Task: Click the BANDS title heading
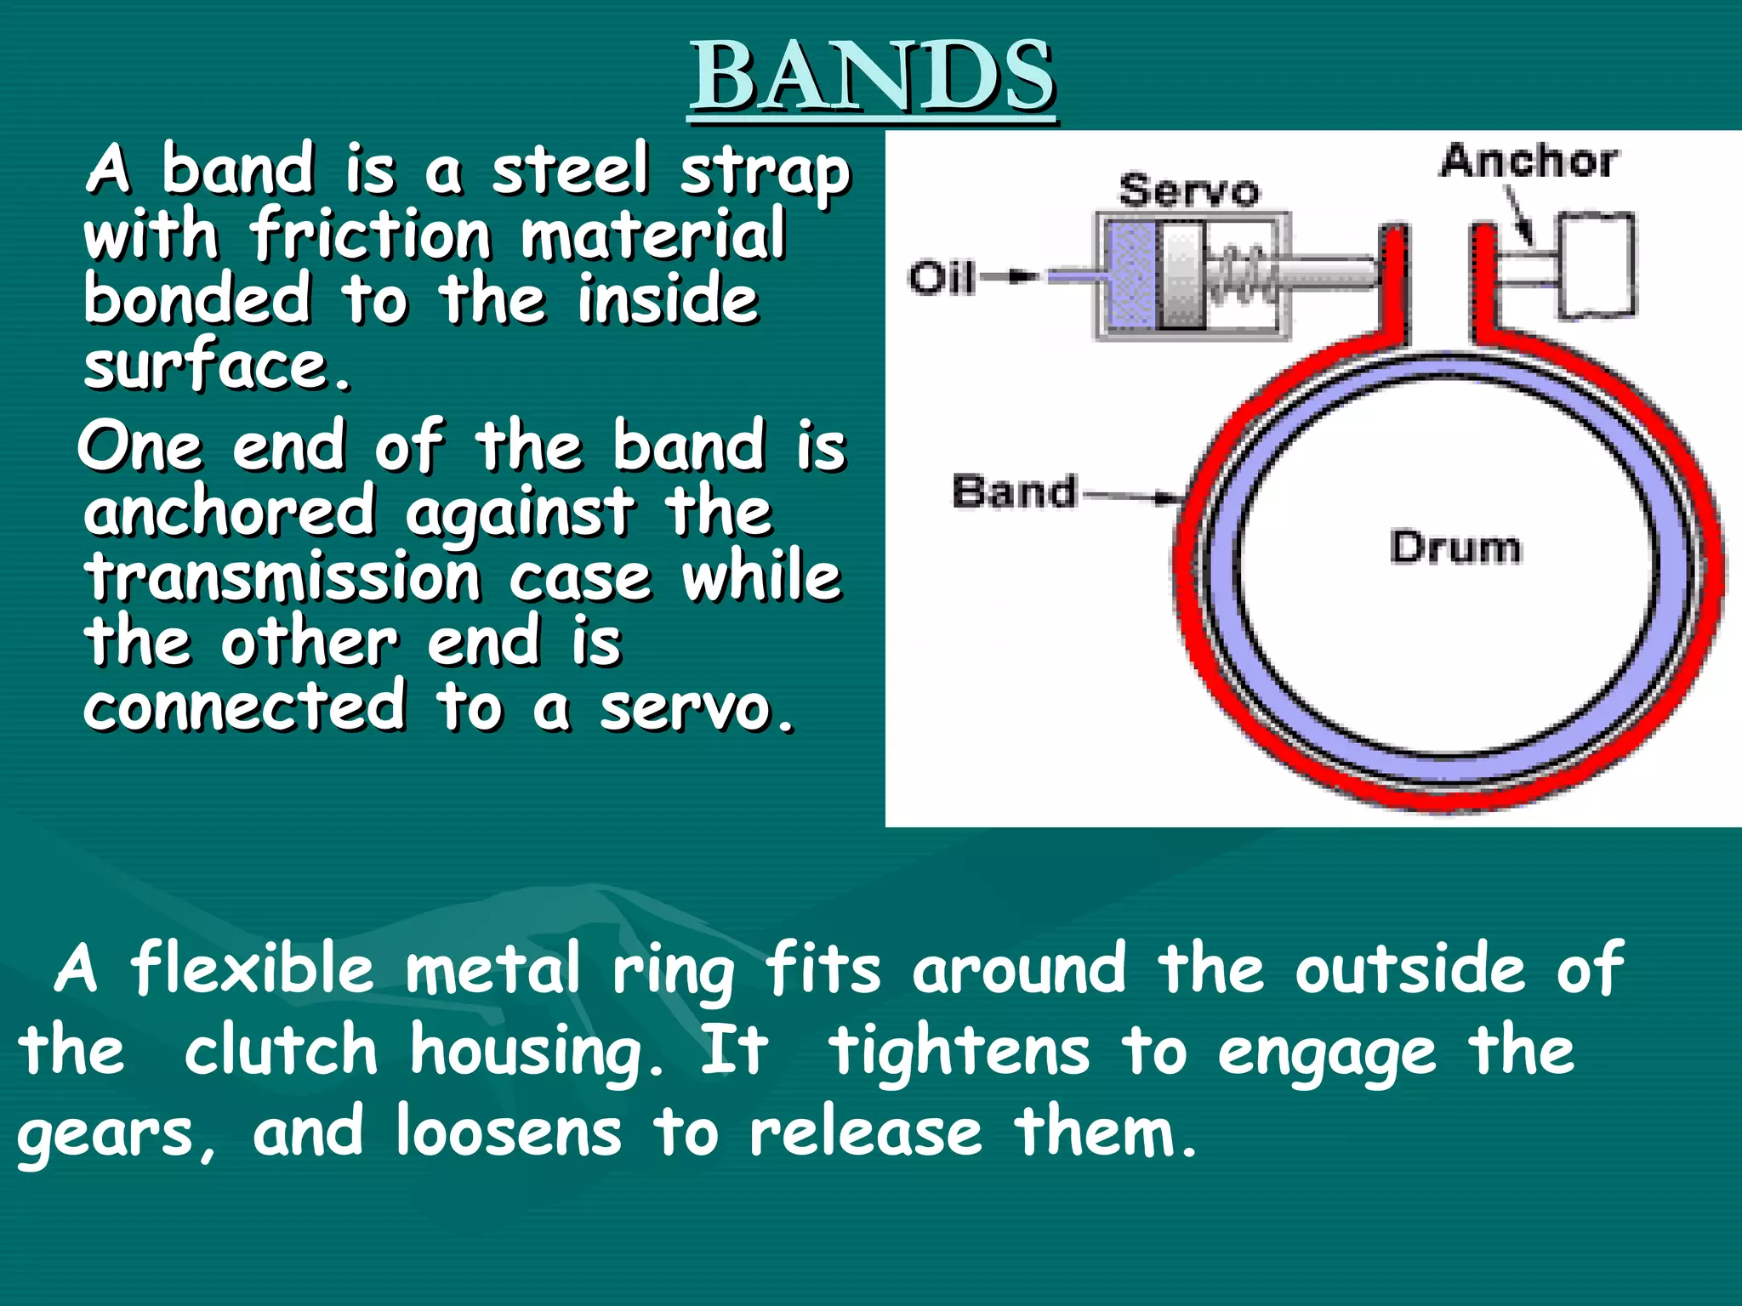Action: tap(873, 78)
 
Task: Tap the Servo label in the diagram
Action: tap(1188, 190)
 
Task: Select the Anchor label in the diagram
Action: tap(1529, 162)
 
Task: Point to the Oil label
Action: tap(941, 278)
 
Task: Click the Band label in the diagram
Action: tap(1014, 492)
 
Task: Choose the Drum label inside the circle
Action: tap(1455, 548)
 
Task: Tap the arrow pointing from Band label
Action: tap(1131, 496)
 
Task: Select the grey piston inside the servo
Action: tap(1183, 276)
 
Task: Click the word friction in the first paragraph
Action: tap(371, 236)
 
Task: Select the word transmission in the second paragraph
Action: tap(282, 578)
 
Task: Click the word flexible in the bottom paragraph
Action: tap(252, 969)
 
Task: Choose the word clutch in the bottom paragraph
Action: tap(280, 1051)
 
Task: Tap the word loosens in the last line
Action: tap(509, 1133)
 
